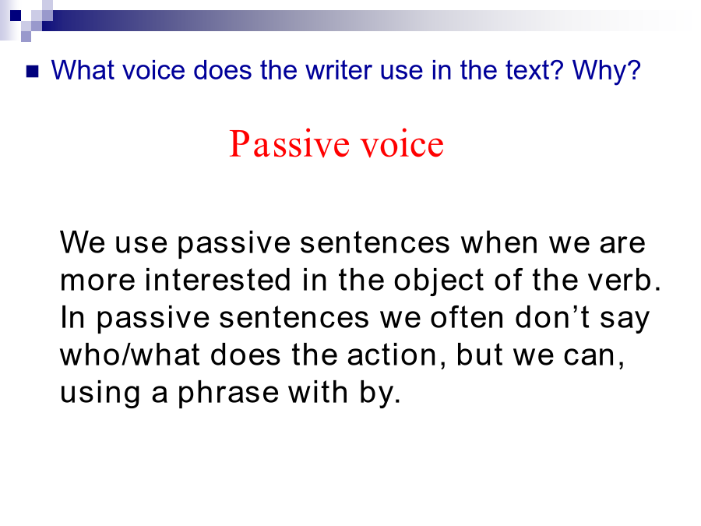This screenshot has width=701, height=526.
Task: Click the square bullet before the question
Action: click(x=33, y=72)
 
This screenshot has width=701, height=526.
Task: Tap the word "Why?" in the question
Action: click(x=607, y=71)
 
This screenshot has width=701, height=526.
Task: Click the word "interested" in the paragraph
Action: click(x=218, y=280)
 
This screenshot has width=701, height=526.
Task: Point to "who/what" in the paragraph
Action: click(x=129, y=355)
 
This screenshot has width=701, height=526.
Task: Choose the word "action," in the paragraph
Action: click(x=396, y=356)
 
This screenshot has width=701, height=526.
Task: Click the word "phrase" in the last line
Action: click(x=228, y=394)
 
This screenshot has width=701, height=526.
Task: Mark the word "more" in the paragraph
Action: click(x=97, y=281)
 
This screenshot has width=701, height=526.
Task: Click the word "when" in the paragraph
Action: click(x=499, y=243)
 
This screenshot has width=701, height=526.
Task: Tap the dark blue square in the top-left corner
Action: click(x=16, y=16)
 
